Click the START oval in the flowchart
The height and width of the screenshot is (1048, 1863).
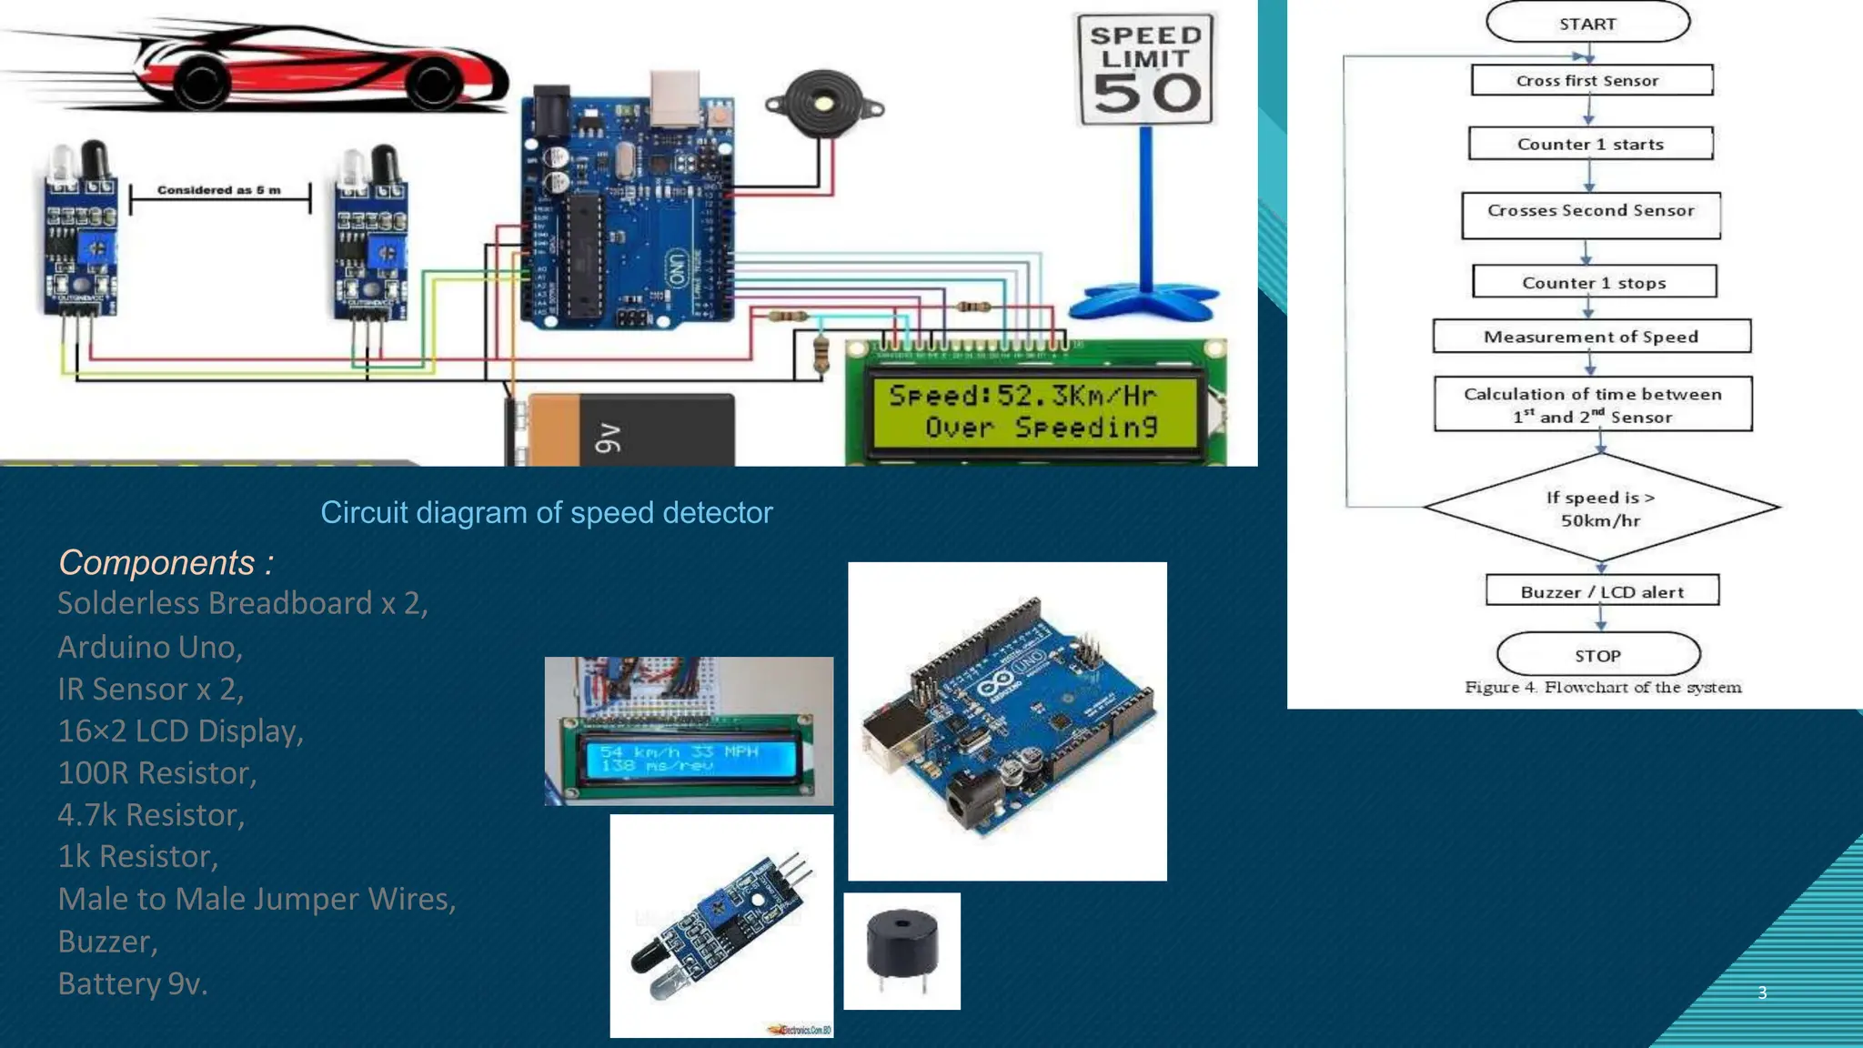(x=1587, y=23)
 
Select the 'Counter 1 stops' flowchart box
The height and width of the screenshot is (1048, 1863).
(x=1594, y=282)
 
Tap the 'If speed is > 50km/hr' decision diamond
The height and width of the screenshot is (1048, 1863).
(x=1600, y=508)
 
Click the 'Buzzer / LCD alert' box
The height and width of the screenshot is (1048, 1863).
(x=1602, y=591)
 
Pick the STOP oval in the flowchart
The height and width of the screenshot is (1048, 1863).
(x=1597, y=655)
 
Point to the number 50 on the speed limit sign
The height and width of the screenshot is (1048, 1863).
(x=1147, y=93)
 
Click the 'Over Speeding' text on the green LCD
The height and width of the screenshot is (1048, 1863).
(x=1041, y=427)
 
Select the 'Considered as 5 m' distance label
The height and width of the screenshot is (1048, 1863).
(x=219, y=190)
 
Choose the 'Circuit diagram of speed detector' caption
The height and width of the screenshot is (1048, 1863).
(x=546, y=512)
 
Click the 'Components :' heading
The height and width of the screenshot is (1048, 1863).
(x=166, y=562)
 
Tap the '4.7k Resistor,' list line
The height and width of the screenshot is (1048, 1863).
(x=151, y=814)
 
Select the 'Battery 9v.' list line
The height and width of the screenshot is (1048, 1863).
(x=133, y=983)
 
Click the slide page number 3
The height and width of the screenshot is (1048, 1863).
(x=1762, y=993)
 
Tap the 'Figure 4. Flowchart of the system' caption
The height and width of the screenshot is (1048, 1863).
(x=1602, y=687)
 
